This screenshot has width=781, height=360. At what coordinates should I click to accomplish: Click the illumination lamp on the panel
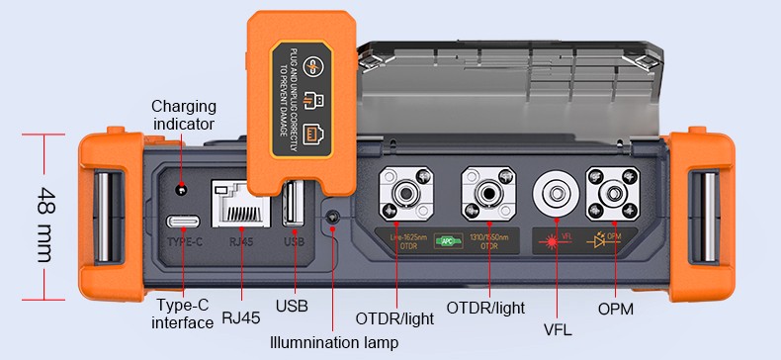tap(334, 216)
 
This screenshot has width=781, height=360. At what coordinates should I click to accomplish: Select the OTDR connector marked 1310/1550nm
tap(488, 193)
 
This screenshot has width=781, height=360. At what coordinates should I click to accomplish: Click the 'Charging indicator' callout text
tap(183, 115)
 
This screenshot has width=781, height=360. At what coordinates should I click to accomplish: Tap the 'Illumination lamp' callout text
tap(334, 343)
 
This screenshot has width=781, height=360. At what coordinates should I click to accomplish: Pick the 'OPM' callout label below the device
tap(616, 310)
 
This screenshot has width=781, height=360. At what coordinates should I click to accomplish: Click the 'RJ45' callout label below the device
tap(242, 317)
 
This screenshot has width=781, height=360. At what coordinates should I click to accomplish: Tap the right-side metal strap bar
tap(703, 217)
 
